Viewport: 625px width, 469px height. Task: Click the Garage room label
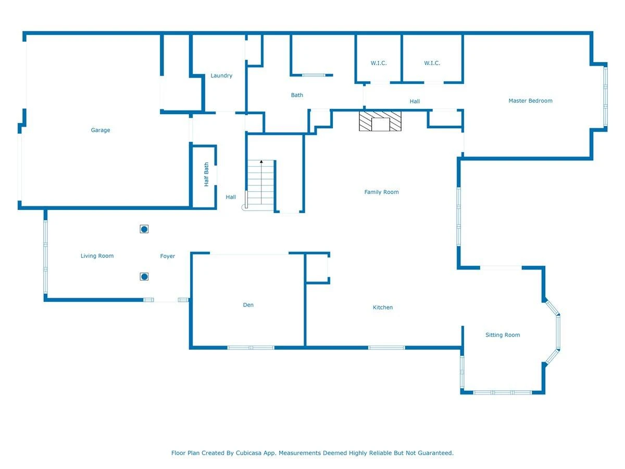tap(100, 130)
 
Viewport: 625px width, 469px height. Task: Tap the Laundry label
tap(221, 76)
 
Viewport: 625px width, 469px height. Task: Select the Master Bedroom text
tap(530, 101)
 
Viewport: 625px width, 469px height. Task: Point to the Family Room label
tap(381, 192)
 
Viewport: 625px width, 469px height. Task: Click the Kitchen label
tap(382, 307)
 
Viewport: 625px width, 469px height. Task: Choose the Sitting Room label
tap(502, 335)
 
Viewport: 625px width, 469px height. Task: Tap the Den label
tap(248, 305)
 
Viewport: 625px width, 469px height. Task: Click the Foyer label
tap(167, 256)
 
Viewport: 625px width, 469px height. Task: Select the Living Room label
tap(97, 256)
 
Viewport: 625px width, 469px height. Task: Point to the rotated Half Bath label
tap(206, 174)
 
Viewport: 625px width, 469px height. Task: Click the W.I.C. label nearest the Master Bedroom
tap(432, 63)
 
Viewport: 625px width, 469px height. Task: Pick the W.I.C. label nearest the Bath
tap(379, 63)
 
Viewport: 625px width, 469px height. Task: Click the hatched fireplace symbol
tap(380, 121)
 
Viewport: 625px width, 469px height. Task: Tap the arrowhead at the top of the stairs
tap(261, 162)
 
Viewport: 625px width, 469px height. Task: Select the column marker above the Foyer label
tap(144, 229)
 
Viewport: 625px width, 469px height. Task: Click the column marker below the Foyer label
tap(144, 277)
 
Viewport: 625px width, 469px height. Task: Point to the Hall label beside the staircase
tap(231, 197)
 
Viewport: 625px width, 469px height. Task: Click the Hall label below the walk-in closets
tap(415, 102)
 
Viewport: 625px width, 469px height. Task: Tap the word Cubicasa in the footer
tap(248, 453)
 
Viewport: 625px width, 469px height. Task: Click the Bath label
tap(297, 95)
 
